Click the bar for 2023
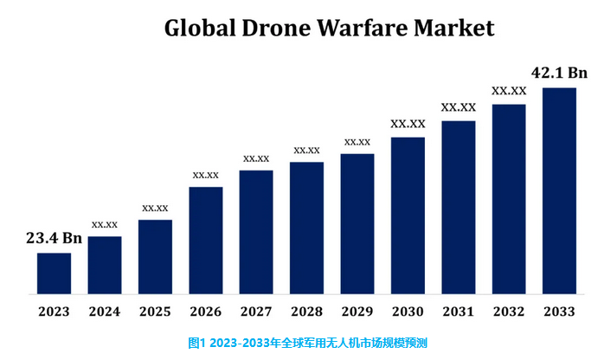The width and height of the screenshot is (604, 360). coord(54,273)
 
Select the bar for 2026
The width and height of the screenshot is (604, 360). coord(206,241)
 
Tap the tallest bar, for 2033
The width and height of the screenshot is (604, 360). coord(559,191)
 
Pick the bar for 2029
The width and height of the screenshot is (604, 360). coord(357,224)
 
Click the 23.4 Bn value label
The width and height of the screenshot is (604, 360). coord(54,238)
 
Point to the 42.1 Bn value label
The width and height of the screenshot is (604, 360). coord(559,73)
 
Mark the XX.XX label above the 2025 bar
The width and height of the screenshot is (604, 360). coord(155,209)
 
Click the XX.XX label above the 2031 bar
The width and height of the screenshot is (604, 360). coord(459,108)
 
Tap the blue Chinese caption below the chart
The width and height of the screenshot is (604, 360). coord(301,343)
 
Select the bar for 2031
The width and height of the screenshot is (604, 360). coord(459,208)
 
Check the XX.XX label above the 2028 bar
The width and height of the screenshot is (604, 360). coord(307,151)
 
